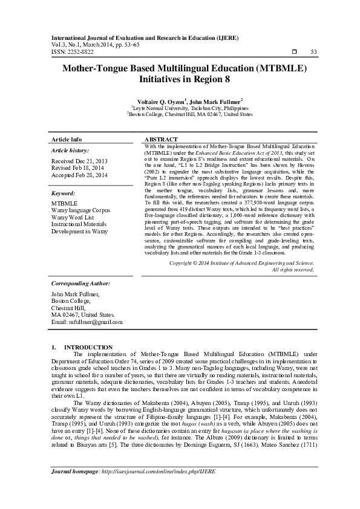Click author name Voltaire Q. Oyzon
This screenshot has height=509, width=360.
(152, 100)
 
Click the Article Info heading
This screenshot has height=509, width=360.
(67, 139)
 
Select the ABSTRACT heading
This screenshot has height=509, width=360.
(162, 139)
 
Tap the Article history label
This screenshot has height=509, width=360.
(70, 150)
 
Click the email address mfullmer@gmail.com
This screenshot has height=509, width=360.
(87, 322)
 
